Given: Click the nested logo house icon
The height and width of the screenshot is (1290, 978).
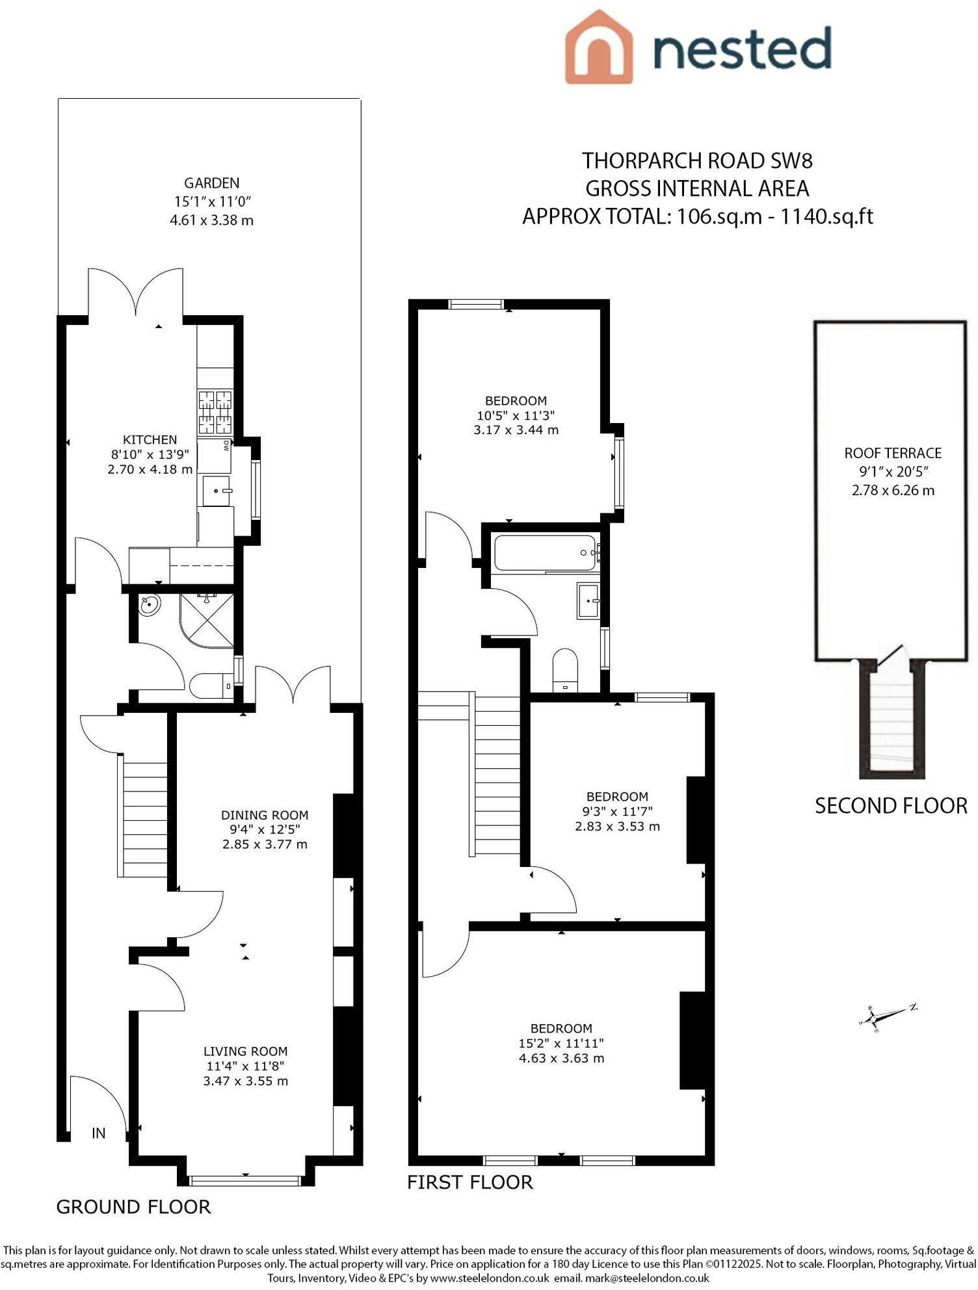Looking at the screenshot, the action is (x=598, y=47).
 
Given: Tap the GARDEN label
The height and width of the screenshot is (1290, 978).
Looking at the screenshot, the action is (x=211, y=183).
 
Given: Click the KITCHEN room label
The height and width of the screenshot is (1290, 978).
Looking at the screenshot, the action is (x=150, y=440).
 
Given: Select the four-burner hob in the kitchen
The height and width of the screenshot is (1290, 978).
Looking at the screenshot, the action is (x=215, y=412).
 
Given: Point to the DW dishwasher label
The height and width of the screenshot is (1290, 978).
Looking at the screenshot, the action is (x=226, y=446).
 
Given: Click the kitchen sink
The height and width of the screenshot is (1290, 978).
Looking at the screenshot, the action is (x=217, y=491).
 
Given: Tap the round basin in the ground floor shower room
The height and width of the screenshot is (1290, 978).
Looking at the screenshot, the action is (x=150, y=606).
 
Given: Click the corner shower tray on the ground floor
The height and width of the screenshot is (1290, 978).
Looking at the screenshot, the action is (x=206, y=620).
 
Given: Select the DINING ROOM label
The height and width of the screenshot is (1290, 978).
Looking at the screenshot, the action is (x=265, y=815).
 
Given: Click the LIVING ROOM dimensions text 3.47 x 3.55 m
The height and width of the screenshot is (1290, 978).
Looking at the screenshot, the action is (x=246, y=1081).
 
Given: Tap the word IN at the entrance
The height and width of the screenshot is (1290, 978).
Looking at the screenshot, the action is (x=98, y=1133).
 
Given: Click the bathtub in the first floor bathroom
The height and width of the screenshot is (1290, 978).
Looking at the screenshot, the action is (x=545, y=553).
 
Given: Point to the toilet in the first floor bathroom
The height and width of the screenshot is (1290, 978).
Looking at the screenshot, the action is (x=565, y=669).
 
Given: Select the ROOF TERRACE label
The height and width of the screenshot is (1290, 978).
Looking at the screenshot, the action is (x=893, y=453).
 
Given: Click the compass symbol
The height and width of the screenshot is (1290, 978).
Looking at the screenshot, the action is (x=888, y=1014).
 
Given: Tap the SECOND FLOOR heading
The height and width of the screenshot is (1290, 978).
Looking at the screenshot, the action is (x=891, y=806).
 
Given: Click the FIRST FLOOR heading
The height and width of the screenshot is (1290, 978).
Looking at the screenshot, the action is (x=470, y=1181).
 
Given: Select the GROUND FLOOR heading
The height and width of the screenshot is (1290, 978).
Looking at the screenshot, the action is (x=134, y=1207).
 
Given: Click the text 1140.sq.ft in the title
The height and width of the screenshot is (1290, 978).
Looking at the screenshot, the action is (x=826, y=216).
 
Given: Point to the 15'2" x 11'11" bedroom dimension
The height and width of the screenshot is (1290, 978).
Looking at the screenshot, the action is (x=557, y=1043).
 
